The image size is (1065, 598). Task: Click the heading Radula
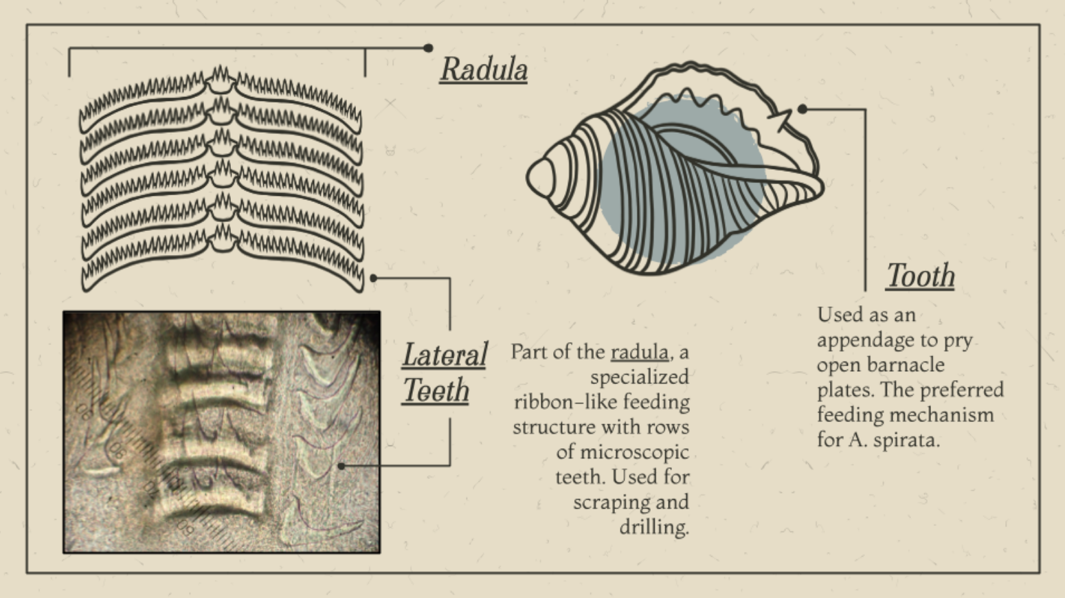coord(484,69)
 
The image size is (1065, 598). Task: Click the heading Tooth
coord(921,276)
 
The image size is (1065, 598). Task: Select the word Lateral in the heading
coord(445,355)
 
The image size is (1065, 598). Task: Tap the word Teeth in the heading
coord(436,390)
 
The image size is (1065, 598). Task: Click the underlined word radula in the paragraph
coord(640,352)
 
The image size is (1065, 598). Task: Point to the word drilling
coord(654,527)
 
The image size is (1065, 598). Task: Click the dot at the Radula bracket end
coord(428,47)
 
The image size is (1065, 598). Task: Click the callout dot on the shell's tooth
coord(802,109)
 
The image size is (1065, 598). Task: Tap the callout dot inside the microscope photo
coord(341,466)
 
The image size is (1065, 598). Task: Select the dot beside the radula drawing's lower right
coord(373,278)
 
